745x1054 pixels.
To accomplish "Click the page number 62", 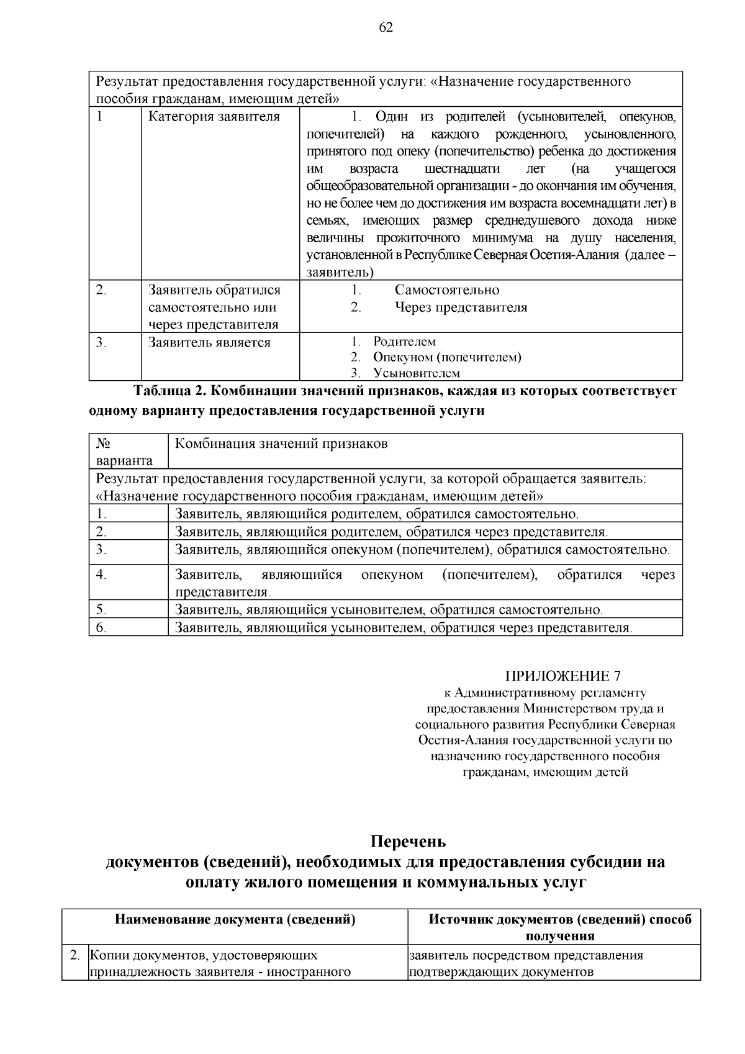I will (385, 27).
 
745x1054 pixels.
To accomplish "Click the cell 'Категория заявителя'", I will (214, 117).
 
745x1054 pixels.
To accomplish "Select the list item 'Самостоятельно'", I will (446, 290).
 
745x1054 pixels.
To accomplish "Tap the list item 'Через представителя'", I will (461, 307).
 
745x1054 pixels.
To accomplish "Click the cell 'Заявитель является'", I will (209, 343).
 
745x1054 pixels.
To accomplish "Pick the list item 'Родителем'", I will (404, 342).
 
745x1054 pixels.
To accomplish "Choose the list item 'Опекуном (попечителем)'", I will (447, 357).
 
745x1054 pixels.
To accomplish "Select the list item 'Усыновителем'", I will (416, 373).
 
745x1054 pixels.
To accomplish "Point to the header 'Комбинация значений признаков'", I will (281, 443).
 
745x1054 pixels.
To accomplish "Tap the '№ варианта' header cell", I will (124, 452).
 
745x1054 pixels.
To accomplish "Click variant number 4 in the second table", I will (101, 575).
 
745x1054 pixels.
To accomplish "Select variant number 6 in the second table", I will (101, 628).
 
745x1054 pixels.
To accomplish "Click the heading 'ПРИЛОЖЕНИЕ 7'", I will (562, 676).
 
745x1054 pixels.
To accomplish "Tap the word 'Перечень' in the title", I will (408, 842).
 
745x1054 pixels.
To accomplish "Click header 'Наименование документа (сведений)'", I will (235, 920).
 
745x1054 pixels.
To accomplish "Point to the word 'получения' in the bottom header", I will (560, 936).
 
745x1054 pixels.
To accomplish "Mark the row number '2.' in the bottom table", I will (75, 955).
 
